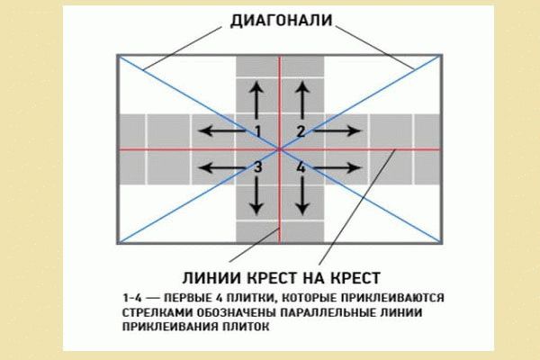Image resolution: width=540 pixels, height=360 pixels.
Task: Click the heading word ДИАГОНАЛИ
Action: pos(282,21)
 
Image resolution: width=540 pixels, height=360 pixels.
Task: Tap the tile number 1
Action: pos(258,131)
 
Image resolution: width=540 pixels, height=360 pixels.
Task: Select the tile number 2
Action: pos(301,131)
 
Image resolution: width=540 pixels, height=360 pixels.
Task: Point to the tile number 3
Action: pos(258,167)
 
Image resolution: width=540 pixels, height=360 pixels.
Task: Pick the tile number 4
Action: pos(301,167)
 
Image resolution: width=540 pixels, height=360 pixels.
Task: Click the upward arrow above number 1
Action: pos(256,100)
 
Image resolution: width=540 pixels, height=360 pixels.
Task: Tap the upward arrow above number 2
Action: pos(302,100)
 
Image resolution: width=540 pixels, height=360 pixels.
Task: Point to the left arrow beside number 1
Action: pos(221,130)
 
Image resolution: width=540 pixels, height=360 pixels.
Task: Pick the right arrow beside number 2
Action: pos(337,130)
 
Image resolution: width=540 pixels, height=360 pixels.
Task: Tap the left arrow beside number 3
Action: pos(221,167)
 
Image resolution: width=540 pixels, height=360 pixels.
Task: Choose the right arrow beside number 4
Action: pos(337,167)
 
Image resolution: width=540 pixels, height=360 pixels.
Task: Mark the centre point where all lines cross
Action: pos(280,149)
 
